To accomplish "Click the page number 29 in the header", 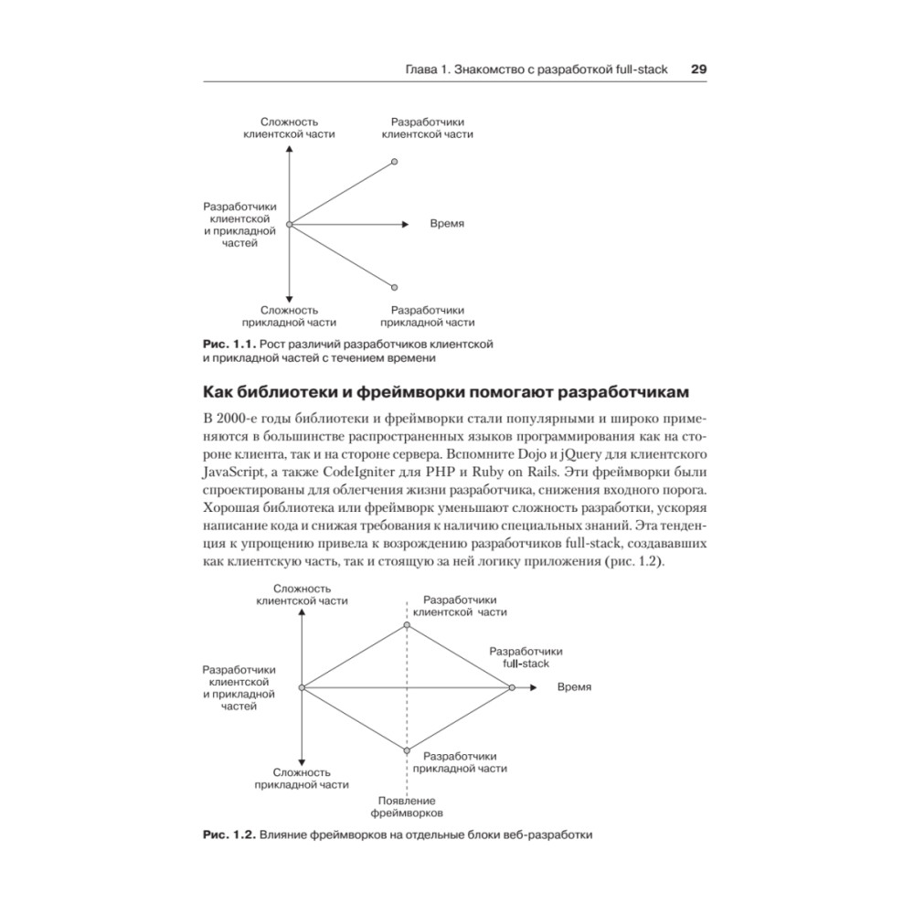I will (699, 69).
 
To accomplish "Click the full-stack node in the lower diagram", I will (512, 687).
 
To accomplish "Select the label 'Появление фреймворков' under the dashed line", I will (407, 805).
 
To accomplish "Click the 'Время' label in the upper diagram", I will (447, 224).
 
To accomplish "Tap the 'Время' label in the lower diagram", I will (574, 687).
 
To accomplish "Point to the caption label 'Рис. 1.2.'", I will (228, 834).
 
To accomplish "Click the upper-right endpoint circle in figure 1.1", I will (394, 162).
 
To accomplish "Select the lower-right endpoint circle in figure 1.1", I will (394, 287).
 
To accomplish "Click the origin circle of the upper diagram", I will (289, 224).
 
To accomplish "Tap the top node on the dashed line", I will (407, 625).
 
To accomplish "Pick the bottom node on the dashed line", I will (407, 749).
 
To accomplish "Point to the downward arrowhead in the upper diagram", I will (289, 297).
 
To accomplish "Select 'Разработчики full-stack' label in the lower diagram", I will (526, 657).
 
